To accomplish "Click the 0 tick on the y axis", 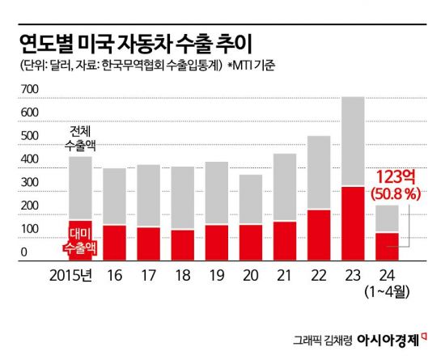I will (24, 253).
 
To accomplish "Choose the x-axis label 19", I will (216, 276).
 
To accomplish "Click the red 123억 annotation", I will (395, 176).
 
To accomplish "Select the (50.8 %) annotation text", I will (395, 194).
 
